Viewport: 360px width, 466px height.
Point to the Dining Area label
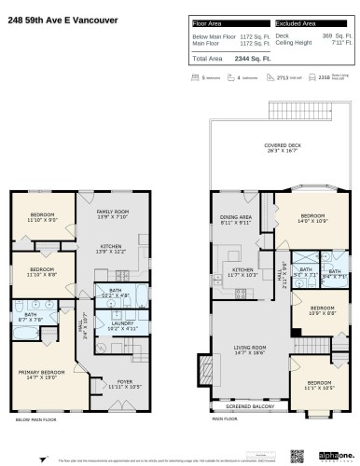(x=235, y=222)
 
